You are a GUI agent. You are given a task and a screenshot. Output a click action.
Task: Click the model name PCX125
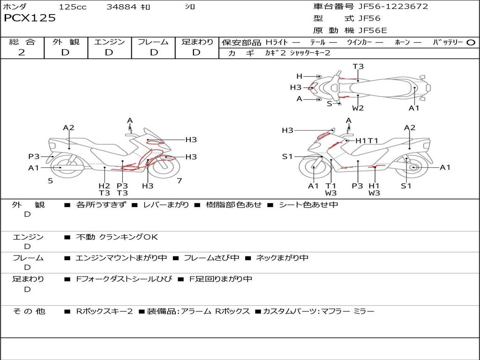click(30, 18)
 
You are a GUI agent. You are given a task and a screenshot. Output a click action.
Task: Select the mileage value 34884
click(121, 7)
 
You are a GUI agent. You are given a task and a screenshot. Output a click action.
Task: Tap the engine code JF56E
click(373, 31)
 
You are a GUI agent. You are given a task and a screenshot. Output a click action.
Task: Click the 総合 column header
click(22, 42)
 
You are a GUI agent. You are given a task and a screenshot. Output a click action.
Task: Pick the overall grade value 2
click(22, 52)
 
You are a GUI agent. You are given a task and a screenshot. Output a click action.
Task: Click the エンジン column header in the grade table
click(109, 42)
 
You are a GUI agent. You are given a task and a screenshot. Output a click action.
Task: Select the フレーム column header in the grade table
click(153, 42)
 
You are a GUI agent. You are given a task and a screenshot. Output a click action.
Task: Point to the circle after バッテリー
click(471, 43)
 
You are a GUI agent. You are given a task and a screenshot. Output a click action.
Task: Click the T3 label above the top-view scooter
click(358, 67)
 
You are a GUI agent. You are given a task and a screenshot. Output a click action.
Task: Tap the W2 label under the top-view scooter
click(358, 108)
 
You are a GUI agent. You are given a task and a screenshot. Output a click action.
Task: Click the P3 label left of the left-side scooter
click(34, 157)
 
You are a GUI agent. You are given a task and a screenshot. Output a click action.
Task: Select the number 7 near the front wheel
click(179, 180)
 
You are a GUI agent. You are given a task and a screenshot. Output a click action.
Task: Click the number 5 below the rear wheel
click(50, 180)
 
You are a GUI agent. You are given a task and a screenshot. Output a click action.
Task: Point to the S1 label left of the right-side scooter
click(287, 157)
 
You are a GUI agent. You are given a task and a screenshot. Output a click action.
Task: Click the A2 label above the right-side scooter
click(410, 127)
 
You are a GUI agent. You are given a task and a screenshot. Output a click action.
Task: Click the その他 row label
click(29, 311)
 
